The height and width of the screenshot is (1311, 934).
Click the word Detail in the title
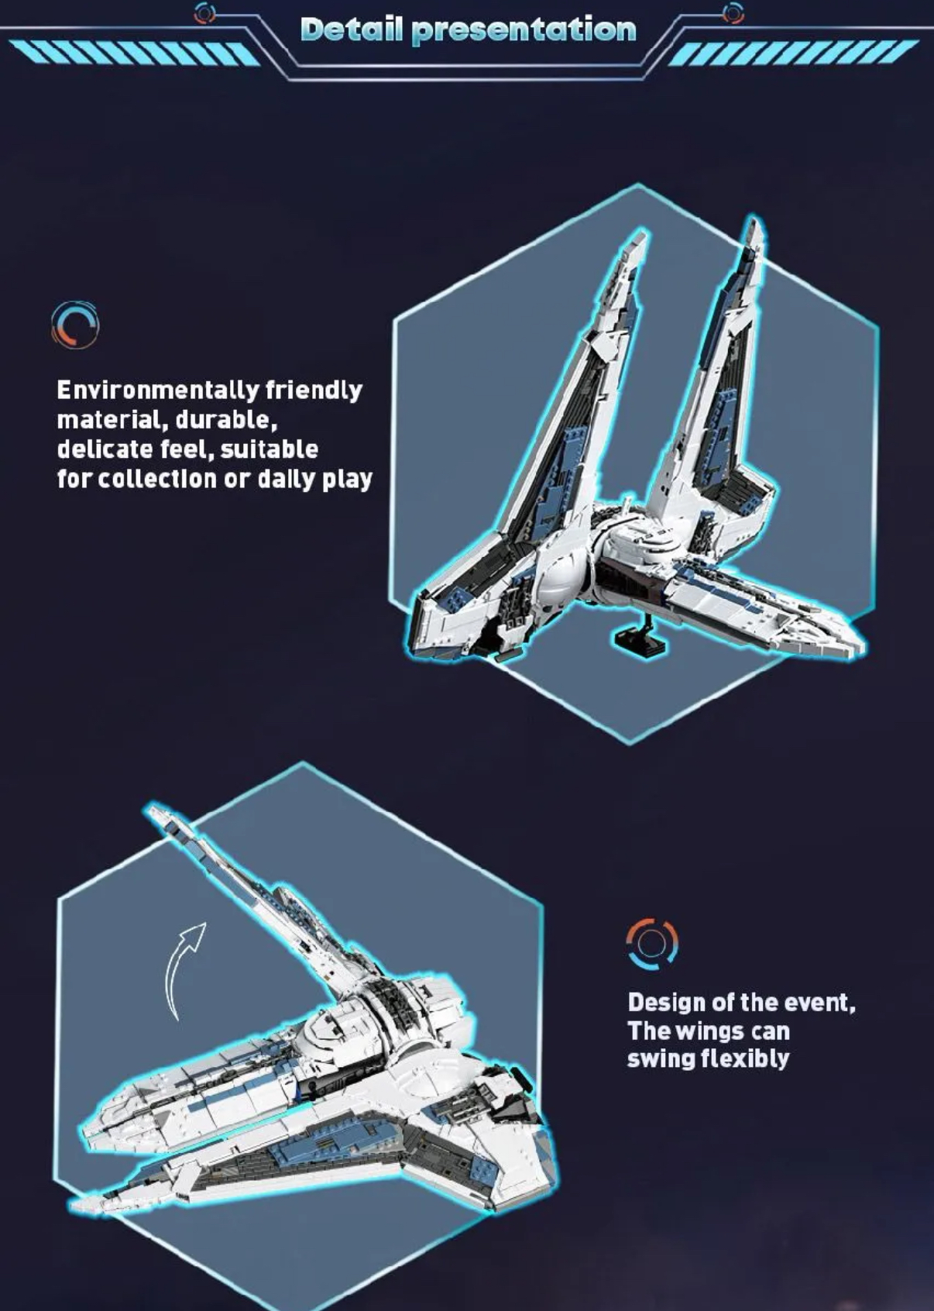coord(352,29)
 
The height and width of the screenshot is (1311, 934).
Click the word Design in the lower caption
coord(667,1003)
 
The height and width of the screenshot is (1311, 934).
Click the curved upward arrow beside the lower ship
coord(184,969)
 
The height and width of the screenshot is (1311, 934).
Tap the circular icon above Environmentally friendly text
coord(75,325)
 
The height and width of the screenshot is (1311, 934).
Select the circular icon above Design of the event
coord(652,943)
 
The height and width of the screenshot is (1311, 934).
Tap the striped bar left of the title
coord(136,53)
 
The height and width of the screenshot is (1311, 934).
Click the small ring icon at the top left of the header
coord(204,12)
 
